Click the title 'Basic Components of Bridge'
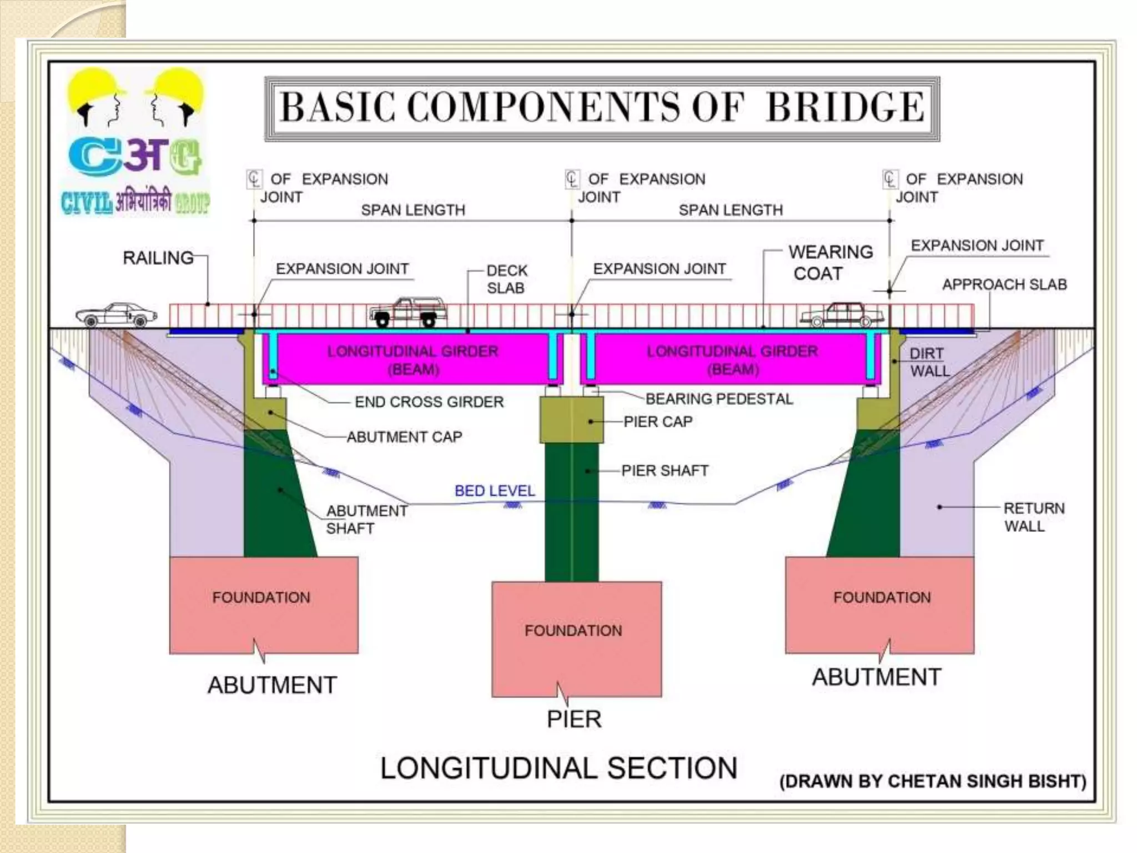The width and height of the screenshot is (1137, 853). [602, 108]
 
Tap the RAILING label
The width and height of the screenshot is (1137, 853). [158, 258]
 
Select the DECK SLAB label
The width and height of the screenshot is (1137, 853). [506, 279]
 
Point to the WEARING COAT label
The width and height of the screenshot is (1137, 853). [829, 263]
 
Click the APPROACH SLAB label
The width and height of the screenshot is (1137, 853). [1004, 285]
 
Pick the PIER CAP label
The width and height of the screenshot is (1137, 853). [658, 422]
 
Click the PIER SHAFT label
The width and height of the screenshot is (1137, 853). [665, 471]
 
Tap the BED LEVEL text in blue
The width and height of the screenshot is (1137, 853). [495, 491]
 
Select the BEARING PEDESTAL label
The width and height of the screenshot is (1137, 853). [719, 399]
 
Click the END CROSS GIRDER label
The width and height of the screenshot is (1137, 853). [429, 402]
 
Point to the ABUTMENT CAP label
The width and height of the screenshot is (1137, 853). [404, 437]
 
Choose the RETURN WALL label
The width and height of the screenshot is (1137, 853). [1034, 517]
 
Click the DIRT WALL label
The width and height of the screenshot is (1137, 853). [929, 362]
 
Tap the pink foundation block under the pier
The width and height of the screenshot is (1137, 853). [576, 639]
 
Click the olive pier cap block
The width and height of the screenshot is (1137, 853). [572, 420]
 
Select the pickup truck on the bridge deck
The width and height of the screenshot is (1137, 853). [408, 312]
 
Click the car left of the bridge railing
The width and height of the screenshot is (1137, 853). [117, 315]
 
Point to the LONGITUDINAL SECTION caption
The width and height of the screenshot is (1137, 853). [559, 769]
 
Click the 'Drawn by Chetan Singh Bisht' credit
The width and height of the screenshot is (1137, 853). [933, 781]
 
